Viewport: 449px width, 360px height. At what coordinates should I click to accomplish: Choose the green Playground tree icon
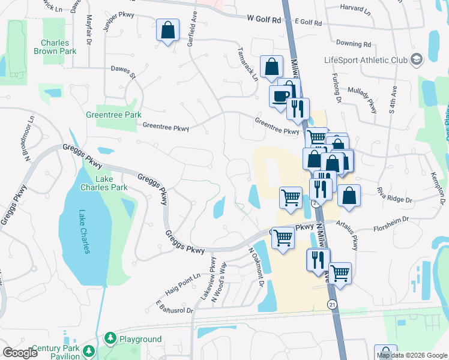point(110,339)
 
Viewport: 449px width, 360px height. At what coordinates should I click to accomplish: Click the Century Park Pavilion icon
point(89,350)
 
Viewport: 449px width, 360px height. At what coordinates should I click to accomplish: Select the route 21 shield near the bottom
point(332,305)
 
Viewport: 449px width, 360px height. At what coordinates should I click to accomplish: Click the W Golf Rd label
point(264,19)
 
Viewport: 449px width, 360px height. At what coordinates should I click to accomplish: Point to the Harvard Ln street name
point(355,9)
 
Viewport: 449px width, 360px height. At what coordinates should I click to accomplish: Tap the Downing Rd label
point(354,44)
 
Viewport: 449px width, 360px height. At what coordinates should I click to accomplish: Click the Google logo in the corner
point(20,353)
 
